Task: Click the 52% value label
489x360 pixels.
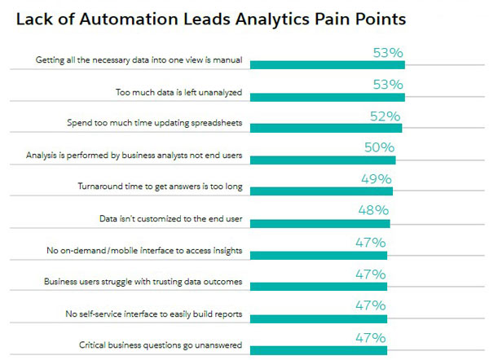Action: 385,116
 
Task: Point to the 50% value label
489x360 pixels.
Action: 379,147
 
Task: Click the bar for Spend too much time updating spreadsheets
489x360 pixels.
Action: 326,128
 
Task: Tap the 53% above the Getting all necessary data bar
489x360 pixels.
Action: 387,53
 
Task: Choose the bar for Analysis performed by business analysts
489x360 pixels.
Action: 323,160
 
